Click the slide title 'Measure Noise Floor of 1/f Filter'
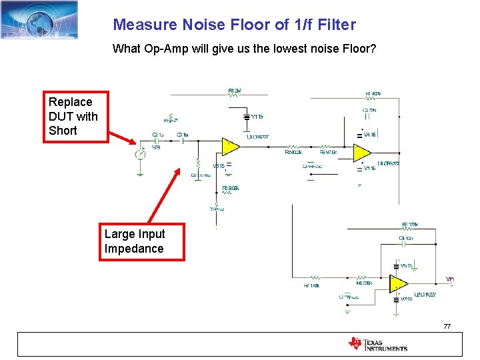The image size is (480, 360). (x=234, y=25)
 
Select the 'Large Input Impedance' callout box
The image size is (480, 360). (x=141, y=241)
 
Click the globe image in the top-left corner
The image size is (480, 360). (x=39, y=20)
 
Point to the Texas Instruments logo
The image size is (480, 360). (x=377, y=344)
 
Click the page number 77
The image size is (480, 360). (x=447, y=326)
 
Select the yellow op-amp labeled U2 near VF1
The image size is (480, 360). (x=399, y=283)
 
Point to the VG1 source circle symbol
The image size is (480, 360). (x=140, y=155)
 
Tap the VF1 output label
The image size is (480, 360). (x=451, y=279)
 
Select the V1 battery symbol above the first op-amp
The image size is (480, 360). (x=246, y=117)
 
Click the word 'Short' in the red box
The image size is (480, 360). (x=63, y=131)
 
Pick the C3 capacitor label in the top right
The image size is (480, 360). (x=369, y=110)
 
